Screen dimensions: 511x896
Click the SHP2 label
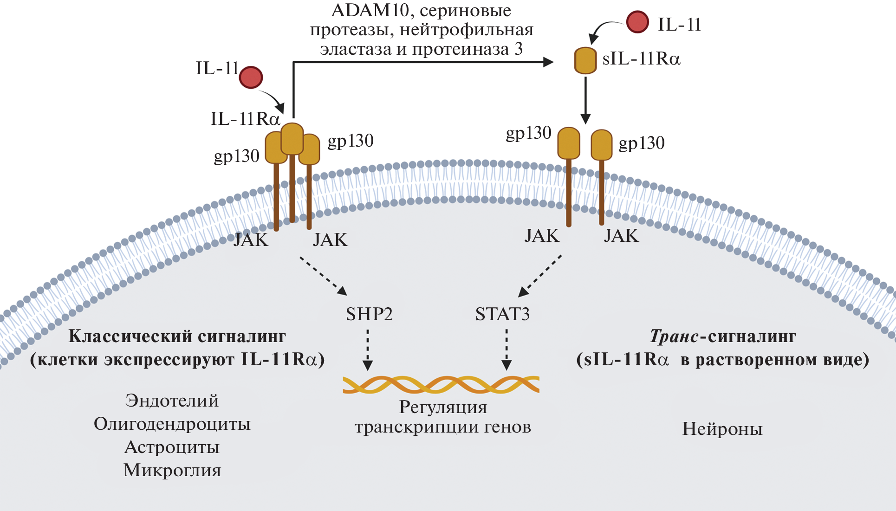(x=369, y=314)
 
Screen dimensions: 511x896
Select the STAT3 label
(x=502, y=314)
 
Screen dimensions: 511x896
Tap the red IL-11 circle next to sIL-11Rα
(x=637, y=22)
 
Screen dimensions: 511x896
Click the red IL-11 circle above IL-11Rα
(x=251, y=77)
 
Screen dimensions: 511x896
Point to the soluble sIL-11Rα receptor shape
(x=585, y=60)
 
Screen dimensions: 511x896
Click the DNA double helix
(x=441, y=385)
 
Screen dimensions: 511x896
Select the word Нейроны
(x=722, y=429)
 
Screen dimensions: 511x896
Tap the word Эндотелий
(x=172, y=401)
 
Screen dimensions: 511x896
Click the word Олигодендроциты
(x=172, y=424)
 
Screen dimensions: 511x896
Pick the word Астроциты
(x=172, y=447)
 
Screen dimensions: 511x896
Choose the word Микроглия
(x=172, y=470)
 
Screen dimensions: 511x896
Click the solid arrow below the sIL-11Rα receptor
(x=585, y=100)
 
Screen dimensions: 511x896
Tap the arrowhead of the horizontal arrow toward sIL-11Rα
(x=548, y=62)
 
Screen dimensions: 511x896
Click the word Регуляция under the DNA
(x=443, y=407)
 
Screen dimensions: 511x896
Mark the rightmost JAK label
(x=621, y=236)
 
